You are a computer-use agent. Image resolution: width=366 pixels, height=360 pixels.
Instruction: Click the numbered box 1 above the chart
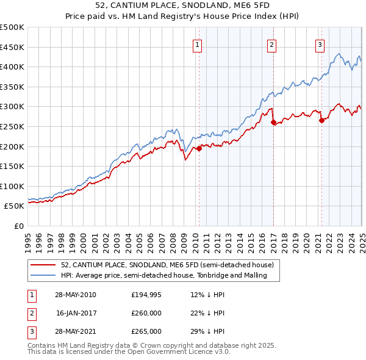198,44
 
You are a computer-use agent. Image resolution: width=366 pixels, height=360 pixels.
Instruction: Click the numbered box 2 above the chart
271,44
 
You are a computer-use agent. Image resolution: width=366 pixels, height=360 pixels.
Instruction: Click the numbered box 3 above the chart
320,44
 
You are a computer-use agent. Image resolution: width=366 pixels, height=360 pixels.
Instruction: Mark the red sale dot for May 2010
199,148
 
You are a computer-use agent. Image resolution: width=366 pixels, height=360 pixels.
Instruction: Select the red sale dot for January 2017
273,122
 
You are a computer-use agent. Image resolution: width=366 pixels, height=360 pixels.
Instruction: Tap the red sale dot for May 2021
321,120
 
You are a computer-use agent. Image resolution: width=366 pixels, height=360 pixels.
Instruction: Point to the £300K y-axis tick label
12,106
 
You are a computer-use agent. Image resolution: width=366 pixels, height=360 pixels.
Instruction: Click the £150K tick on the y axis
12,166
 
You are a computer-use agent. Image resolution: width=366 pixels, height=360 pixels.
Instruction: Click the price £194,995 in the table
146,295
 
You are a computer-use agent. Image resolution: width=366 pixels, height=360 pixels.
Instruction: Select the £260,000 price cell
146,313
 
